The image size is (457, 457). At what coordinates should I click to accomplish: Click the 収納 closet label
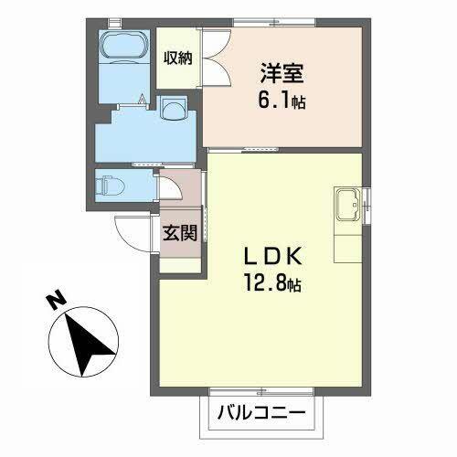tap(177, 58)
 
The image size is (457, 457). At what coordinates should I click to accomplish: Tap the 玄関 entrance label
tap(180, 232)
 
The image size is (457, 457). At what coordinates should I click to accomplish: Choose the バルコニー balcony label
tap(260, 413)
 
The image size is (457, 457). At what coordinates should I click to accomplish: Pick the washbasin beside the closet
tap(174, 110)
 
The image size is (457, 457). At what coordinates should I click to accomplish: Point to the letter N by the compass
tap(54, 300)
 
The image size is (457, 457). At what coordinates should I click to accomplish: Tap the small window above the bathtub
tap(114, 20)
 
